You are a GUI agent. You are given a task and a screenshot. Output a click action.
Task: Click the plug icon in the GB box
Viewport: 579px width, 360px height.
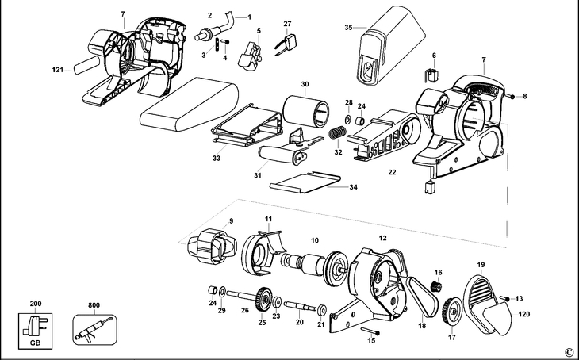34,324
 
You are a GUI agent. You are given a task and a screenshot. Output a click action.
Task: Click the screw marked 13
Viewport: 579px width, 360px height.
507,298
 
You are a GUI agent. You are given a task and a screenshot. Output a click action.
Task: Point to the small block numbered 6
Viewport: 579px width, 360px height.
432,75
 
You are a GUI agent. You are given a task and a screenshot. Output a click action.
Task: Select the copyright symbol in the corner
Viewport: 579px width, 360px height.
568,352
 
